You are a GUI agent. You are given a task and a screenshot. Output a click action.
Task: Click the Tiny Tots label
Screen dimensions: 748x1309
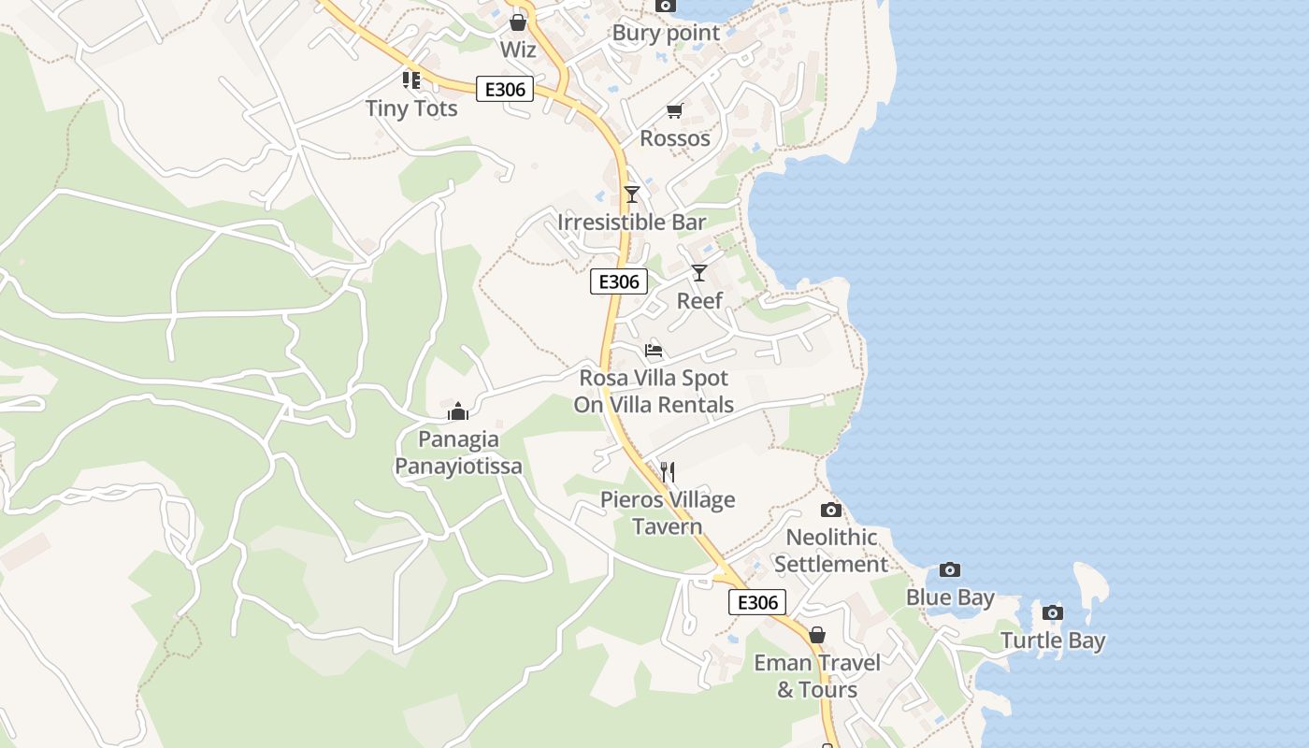(411, 108)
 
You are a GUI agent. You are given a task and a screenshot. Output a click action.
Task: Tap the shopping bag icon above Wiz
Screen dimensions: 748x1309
(518, 22)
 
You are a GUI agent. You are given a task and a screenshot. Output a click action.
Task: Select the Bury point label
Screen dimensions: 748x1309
(666, 34)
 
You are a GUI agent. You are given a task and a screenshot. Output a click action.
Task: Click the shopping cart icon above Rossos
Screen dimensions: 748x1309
(675, 111)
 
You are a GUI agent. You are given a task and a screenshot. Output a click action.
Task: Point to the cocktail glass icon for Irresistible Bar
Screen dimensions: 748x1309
(632, 194)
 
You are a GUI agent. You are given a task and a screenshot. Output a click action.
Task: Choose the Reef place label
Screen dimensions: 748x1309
(699, 301)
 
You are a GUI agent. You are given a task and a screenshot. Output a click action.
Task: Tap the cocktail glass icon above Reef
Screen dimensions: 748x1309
(699, 273)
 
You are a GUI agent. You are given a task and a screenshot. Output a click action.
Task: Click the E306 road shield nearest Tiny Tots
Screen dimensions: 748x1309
(505, 90)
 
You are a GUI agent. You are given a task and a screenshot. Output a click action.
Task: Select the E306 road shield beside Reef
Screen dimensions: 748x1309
(619, 281)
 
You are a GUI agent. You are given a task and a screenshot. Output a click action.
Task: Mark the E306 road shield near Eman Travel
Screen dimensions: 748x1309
(757, 602)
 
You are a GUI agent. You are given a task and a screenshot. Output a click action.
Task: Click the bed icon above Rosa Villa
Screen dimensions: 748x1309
(654, 351)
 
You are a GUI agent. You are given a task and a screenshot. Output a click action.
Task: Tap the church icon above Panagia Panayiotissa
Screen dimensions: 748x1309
(458, 411)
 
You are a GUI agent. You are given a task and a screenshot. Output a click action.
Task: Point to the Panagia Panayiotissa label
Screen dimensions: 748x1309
(458, 453)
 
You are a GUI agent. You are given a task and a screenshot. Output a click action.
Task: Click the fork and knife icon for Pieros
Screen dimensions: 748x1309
(668, 471)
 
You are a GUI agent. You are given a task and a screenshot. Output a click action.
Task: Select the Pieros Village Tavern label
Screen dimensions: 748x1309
(668, 513)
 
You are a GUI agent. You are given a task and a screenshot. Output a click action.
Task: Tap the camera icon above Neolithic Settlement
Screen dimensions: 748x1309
(830, 510)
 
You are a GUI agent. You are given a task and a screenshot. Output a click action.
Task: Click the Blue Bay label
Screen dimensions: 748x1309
(950, 597)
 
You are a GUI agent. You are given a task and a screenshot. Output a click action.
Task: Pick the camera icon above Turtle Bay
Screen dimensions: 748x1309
(1053, 613)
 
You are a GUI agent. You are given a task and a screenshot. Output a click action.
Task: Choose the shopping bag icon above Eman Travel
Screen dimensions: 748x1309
(817, 636)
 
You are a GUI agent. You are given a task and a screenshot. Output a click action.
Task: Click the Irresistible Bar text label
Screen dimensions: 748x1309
(632, 223)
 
